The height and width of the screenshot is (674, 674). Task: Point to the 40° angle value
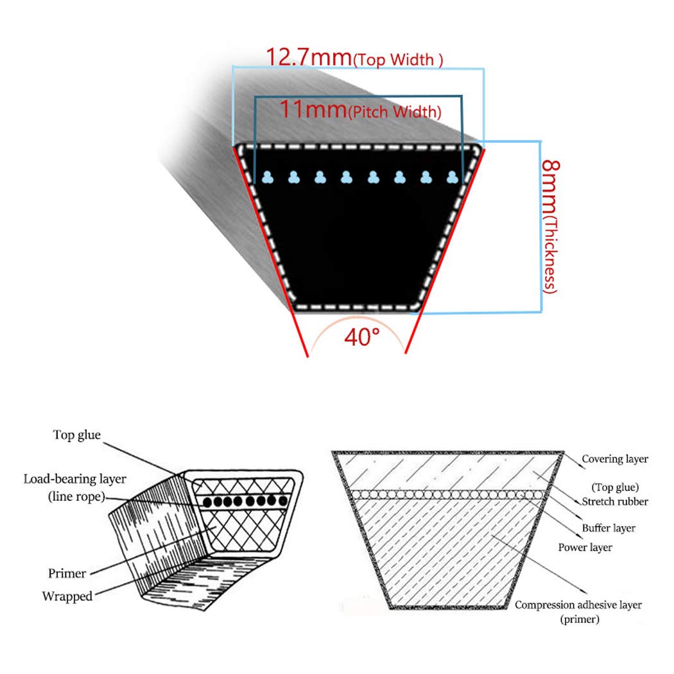(362, 337)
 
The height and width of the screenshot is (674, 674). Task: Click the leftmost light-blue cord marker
(268, 177)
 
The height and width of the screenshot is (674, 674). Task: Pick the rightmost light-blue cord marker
(452, 177)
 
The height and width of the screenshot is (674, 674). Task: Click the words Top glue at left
(77, 435)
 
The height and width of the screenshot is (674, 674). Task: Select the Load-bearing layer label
(75, 479)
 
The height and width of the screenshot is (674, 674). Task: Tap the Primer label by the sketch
(67, 573)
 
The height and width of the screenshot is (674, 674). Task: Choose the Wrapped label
(67, 596)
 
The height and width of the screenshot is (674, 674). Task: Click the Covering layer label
(615, 459)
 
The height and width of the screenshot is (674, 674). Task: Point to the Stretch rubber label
(615, 501)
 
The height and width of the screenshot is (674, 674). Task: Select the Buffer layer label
(609, 528)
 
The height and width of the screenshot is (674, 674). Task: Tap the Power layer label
(585, 547)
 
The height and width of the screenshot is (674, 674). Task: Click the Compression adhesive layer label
(578, 605)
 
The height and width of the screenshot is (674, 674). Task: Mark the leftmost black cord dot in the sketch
(207, 501)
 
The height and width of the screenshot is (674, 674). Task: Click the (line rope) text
(76, 496)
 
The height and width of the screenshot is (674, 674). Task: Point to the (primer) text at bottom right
(580, 619)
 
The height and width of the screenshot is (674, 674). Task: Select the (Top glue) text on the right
(615, 487)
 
